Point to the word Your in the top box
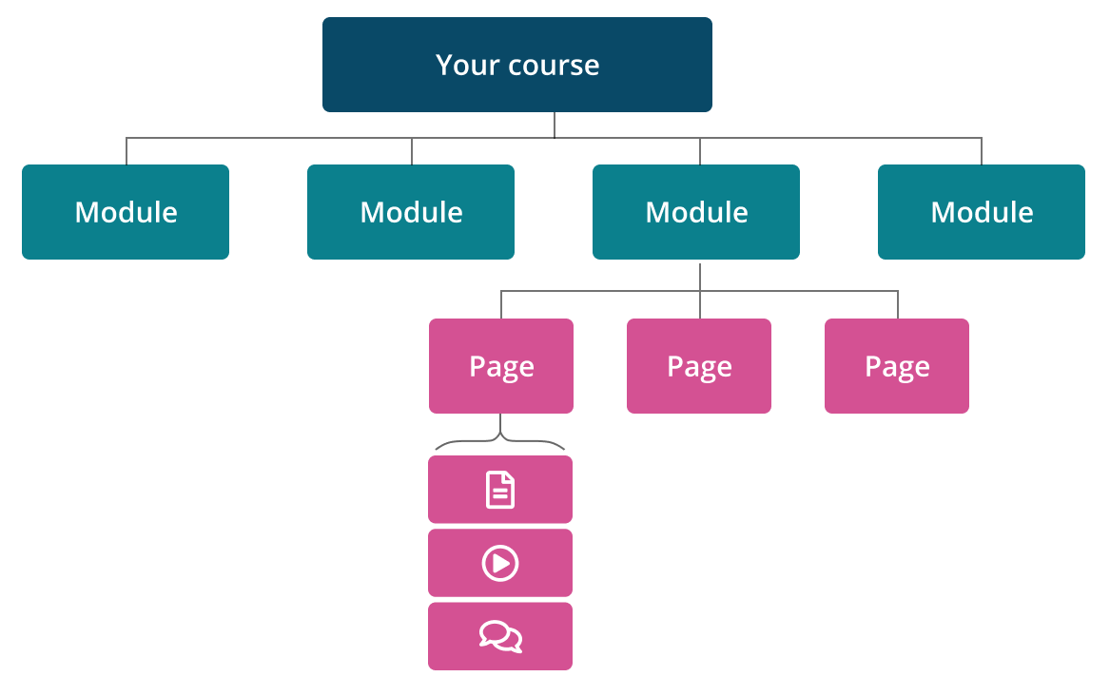[463, 65]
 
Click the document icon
[500, 490]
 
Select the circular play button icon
[500, 563]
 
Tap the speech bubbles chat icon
[500, 636]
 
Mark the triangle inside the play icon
[501, 563]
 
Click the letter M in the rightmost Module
[944, 211]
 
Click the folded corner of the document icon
[509, 478]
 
